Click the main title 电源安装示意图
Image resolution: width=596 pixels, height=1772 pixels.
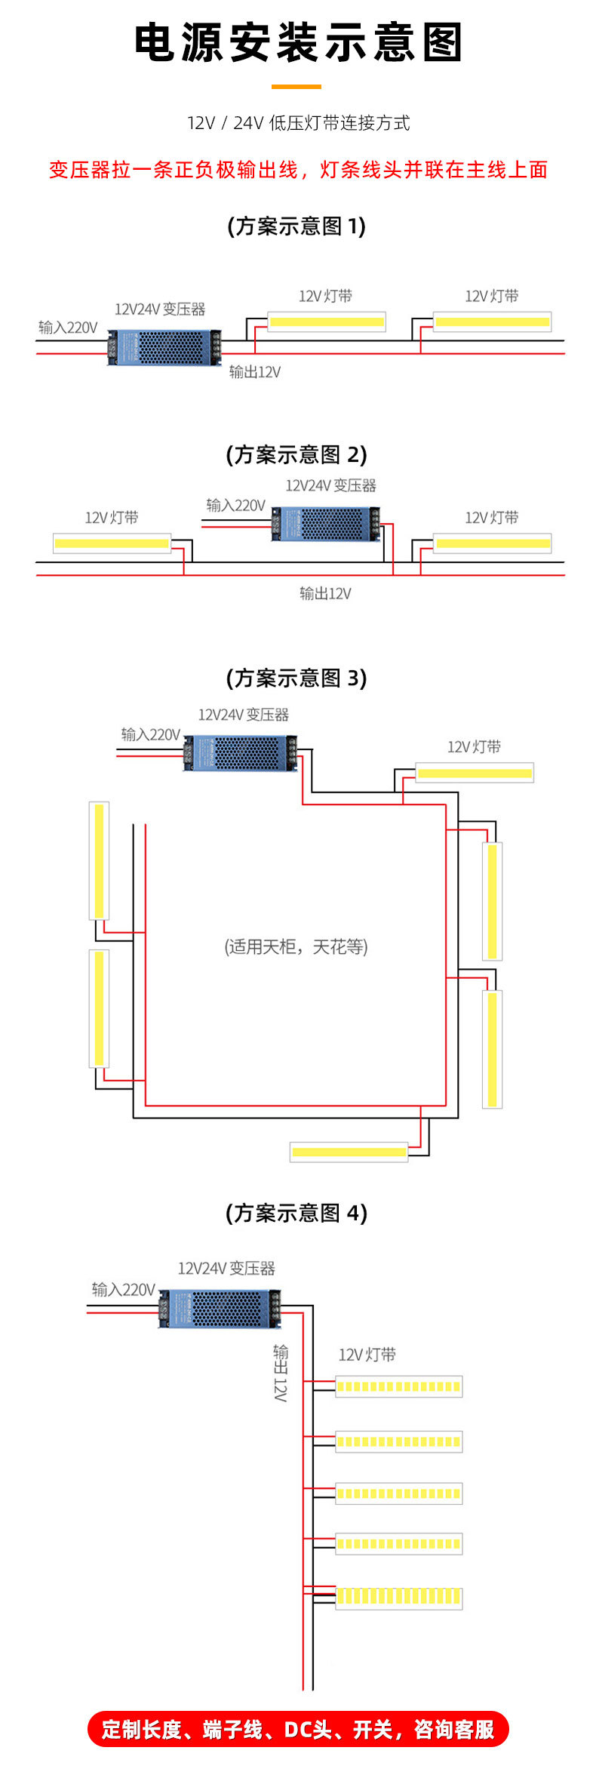coord(298,42)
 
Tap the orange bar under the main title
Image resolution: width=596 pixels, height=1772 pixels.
coord(296,87)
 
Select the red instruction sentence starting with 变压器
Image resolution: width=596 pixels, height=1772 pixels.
coord(298,170)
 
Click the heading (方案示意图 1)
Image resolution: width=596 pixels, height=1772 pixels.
coord(296,226)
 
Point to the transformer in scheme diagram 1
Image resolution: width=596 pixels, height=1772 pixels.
coord(164,347)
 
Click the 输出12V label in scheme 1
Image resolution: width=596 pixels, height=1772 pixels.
coord(255,372)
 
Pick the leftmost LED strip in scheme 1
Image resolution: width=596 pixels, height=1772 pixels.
coord(327,321)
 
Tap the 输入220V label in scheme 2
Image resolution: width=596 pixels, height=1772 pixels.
coord(235,506)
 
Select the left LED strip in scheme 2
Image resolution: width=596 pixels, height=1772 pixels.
coord(112,543)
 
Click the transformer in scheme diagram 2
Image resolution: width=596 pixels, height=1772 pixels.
coord(326,524)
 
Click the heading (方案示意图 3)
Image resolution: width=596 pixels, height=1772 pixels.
coord(296,678)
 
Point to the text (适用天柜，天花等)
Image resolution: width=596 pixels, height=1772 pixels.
coord(296,946)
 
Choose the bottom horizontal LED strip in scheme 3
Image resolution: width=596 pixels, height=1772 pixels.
coord(349,1152)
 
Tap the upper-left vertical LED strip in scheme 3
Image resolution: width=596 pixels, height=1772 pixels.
coord(99,860)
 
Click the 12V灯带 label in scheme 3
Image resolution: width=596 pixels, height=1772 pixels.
coord(474,747)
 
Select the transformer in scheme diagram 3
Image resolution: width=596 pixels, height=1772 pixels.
coord(240,752)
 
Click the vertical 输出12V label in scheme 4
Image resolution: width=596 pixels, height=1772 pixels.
coord(281,1373)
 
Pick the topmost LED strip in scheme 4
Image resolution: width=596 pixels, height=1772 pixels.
coord(398,1386)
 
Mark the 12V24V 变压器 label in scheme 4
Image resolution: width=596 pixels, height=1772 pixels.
coord(226,1269)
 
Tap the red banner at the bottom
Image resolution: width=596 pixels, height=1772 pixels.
coord(298,1729)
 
